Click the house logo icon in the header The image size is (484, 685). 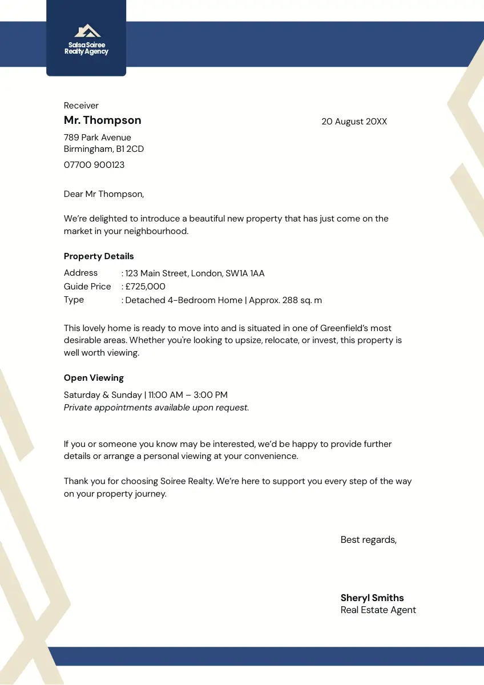tap(87, 30)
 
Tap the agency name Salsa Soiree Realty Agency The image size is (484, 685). tap(86, 48)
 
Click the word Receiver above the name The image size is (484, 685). tap(81, 106)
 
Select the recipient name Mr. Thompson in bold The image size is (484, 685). tap(102, 120)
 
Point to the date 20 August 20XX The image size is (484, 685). tap(354, 122)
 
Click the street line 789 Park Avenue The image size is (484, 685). tap(98, 138)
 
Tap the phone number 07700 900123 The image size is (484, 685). tap(94, 165)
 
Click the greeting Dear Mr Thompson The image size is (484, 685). tap(104, 194)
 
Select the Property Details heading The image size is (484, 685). tap(99, 256)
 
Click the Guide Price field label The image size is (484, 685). tap(87, 287)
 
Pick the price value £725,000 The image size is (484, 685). tap(146, 287)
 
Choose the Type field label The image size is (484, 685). tap(74, 300)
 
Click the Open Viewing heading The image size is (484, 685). tap(94, 378)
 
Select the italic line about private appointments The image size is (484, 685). tap(156, 408)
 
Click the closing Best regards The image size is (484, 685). tap(368, 539)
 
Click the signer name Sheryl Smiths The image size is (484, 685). tap(372, 598)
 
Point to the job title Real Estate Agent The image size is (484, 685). tap(378, 610)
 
